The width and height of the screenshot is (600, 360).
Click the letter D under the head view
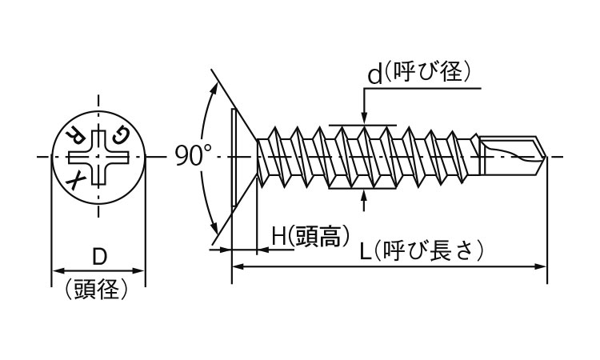pos(99,258)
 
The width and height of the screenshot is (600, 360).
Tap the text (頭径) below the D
pos(99,289)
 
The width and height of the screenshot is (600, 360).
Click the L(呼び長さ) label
pos(421,251)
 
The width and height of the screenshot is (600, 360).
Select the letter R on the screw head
pos(74,134)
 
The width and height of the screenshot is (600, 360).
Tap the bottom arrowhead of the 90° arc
pos(214,225)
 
